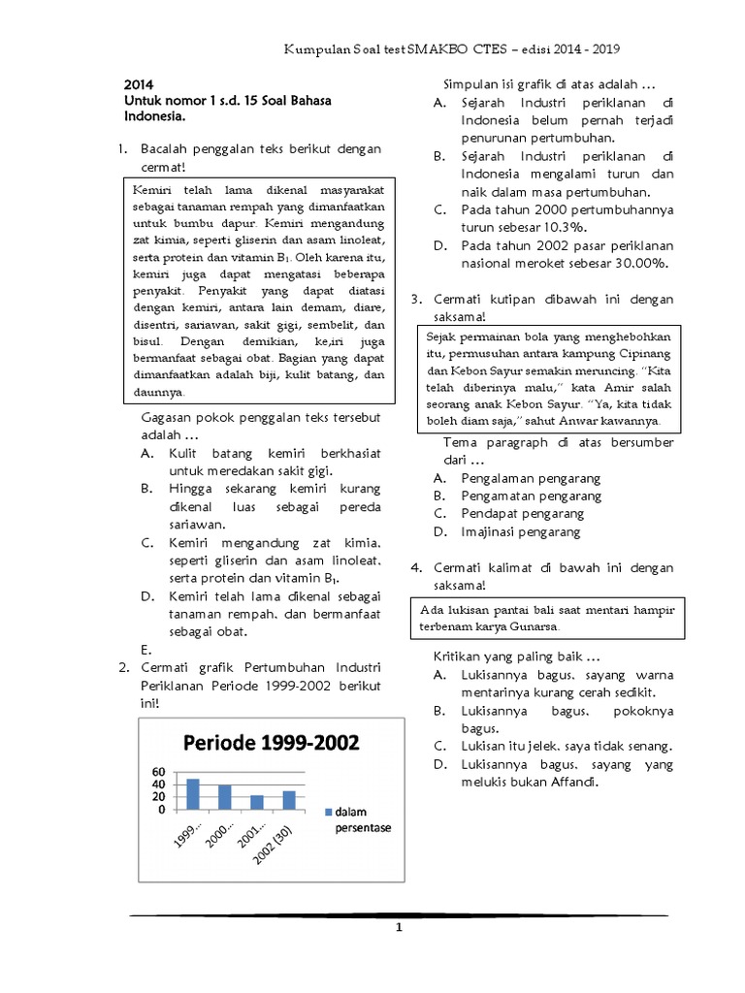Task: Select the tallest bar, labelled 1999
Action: click(x=192, y=793)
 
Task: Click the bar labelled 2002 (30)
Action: click(x=288, y=800)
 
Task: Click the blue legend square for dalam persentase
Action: click(x=329, y=811)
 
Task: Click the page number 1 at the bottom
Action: click(x=398, y=928)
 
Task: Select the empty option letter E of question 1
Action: click(x=145, y=649)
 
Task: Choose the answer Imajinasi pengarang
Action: click(x=520, y=531)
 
